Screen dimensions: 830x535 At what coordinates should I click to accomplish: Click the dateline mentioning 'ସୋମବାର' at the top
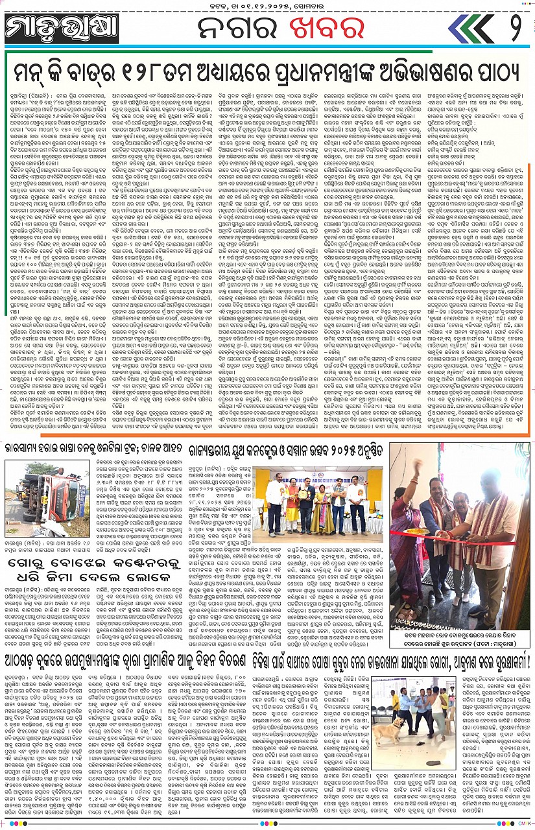coord(267,7)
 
